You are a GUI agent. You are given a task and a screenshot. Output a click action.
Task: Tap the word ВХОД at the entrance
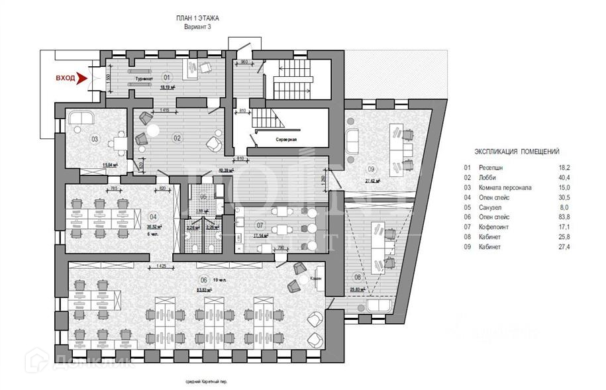pos(65,78)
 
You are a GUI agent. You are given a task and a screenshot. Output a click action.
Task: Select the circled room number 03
pos(95,139)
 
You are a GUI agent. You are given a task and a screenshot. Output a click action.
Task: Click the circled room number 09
pos(372,168)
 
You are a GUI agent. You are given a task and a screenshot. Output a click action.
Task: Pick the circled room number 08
pos(358,277)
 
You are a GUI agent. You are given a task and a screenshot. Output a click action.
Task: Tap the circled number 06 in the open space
pos(203,280)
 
